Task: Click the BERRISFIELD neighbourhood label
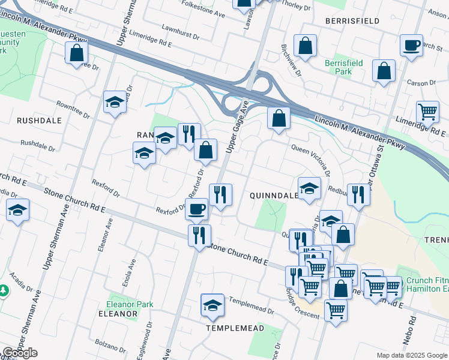tap(352, 20)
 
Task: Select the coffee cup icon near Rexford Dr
tap(197, 209)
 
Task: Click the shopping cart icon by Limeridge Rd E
tap(427, 111)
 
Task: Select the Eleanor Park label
tap(130, 304)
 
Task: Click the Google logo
tap(20, 352)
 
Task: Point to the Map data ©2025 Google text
tap(411, 355)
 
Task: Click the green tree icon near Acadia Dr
tap(4, 290)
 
